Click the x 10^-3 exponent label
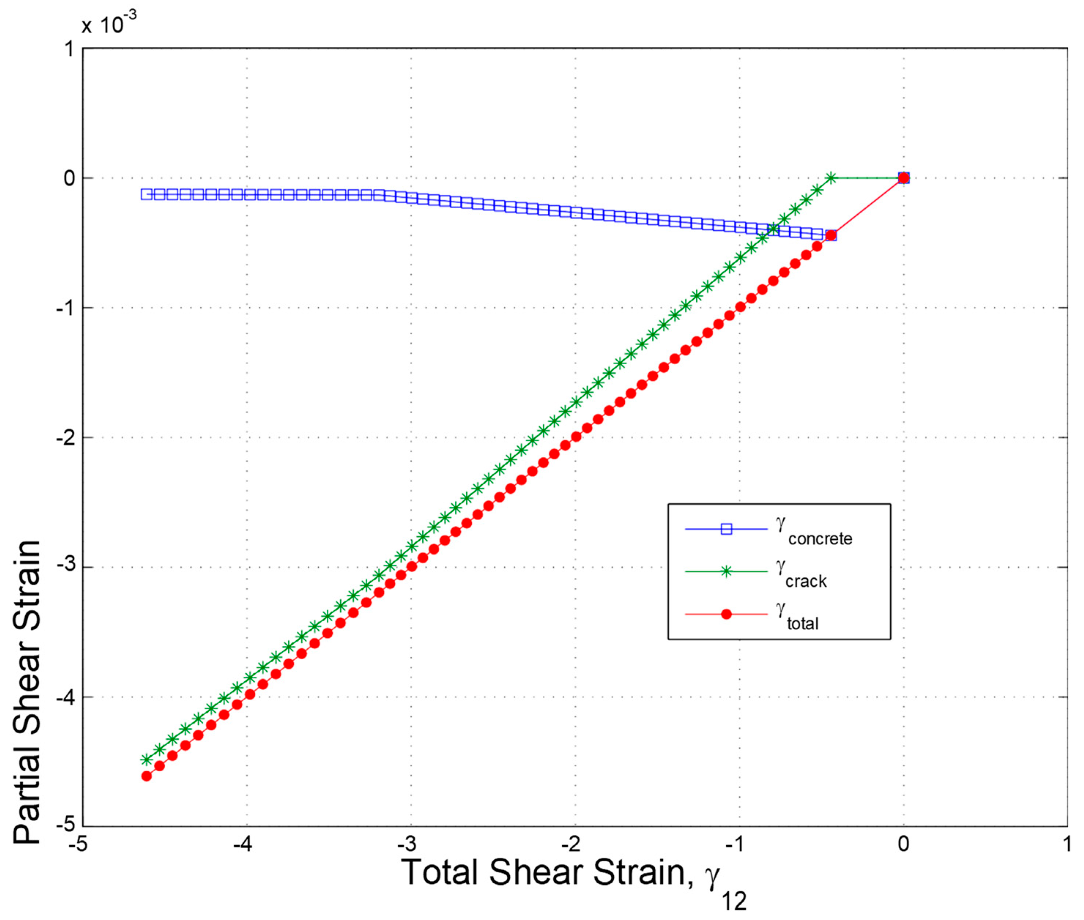tap(109, 23)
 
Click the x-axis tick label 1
tap(1067, 844)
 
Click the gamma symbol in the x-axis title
tap(712, 876)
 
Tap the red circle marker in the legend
tap(726, 614)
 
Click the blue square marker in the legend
tap(726, 529)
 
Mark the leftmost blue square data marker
tap(146, 194)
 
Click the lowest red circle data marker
tap(146, 776)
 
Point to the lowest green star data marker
tap(146, 759)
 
